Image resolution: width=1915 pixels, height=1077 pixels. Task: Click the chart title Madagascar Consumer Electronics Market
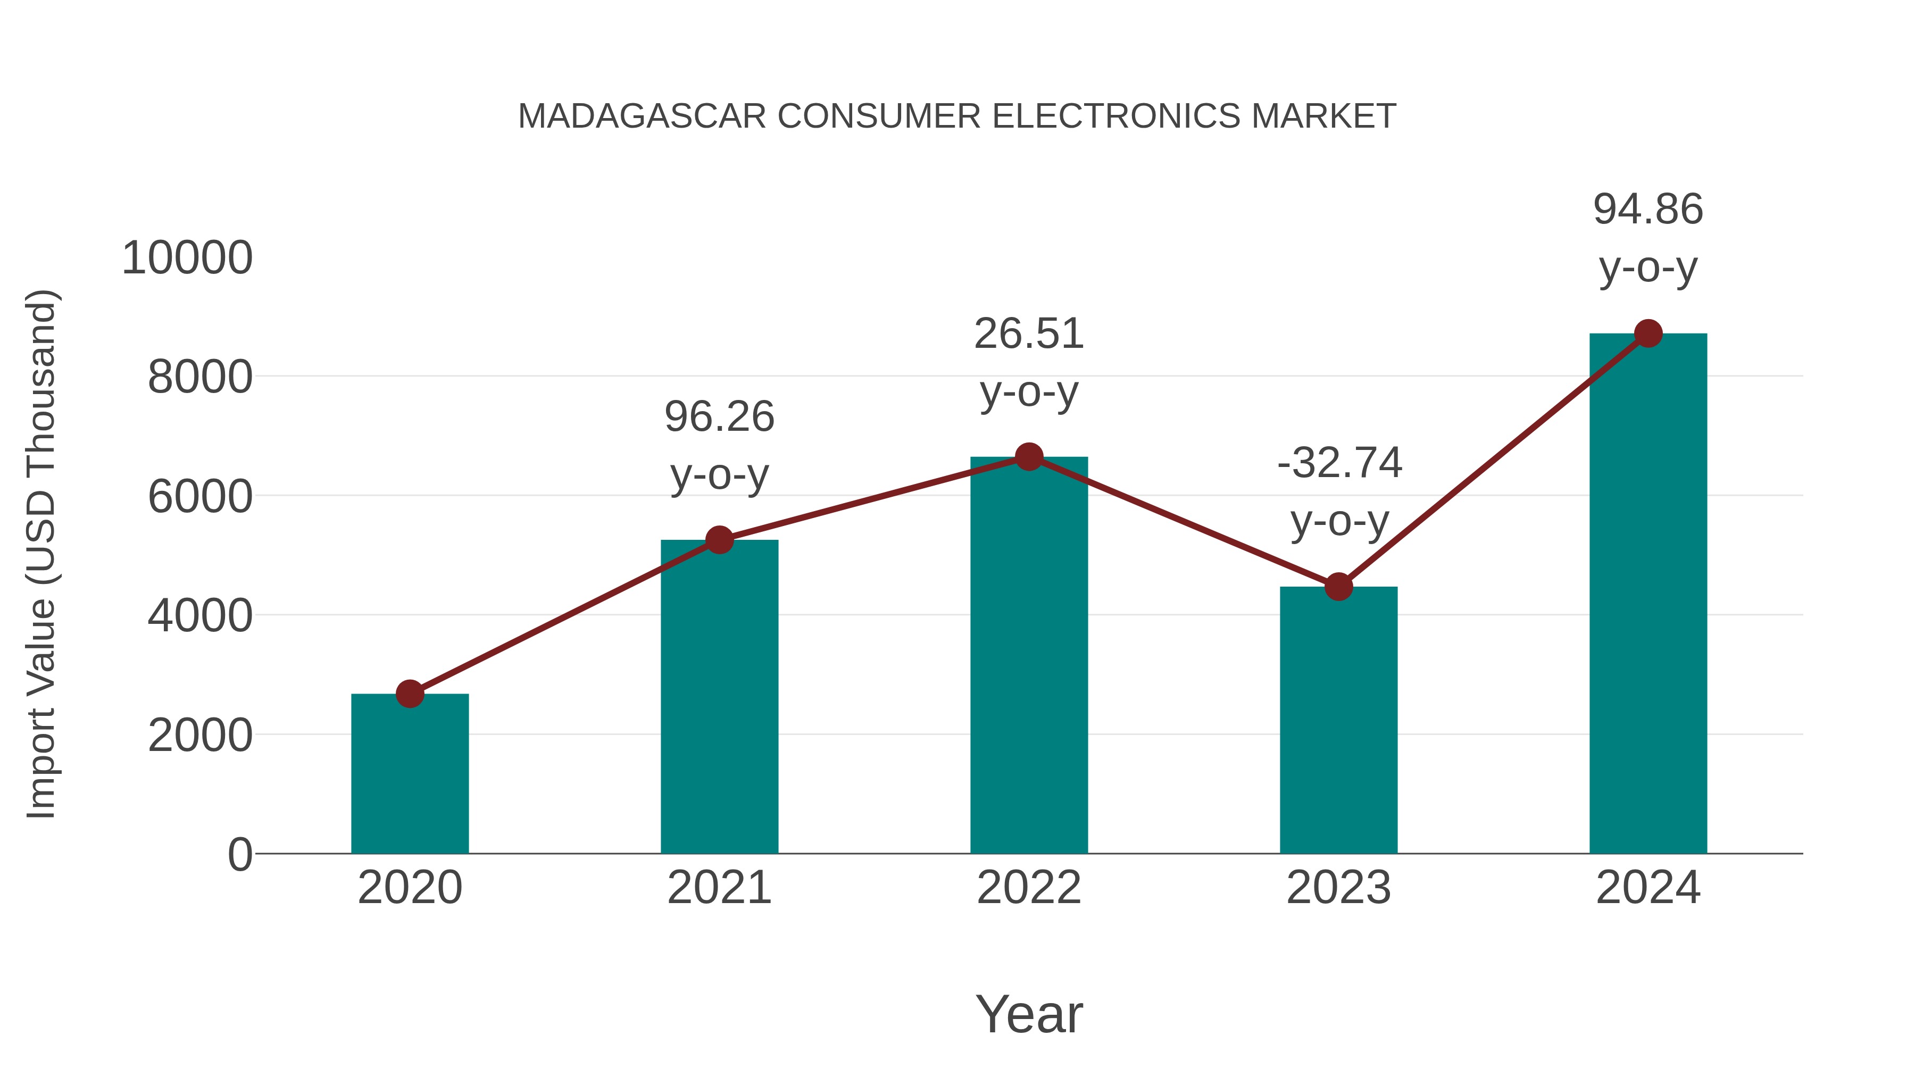pyautogui.click(x=957, y=116)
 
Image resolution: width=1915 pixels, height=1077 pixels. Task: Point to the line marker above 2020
pyautogui.click(x=410, y=694)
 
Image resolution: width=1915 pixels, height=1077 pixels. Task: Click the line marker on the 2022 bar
pyautogui.click(x=1029, y=456)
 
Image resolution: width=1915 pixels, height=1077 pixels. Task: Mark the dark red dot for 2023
pyautogui.click(x=1338, y=587)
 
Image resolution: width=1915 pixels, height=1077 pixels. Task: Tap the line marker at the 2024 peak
pyautogui.click(x=1648, y=333)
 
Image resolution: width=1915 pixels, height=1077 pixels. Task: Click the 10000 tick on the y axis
pyautogui.click(x=187, y=258)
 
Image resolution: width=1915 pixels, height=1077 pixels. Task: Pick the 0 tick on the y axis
pyautogui.click(x=239, y=854)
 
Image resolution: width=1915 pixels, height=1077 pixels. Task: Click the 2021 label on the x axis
pyautogui.click(x=719, y=888)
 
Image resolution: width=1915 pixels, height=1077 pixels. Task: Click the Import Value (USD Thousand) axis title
pyautogui.click(x=41, y=554)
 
